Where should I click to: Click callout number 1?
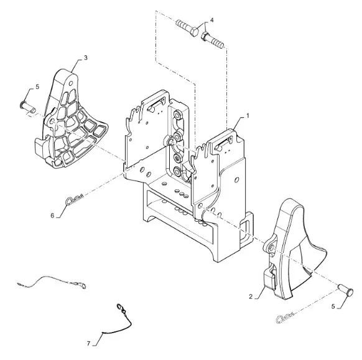pyautogui.click(x=248, y=115)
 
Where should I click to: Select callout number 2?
pyautogui.click(x=251, y=296)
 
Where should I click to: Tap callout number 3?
pyautogui.click(x=86, y=57)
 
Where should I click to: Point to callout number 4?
pyautogui.click(x=212, y=20)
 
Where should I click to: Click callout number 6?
pyautogui.click(x=52, y=216)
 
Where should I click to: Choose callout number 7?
pyautogui.click(x=89, y=344)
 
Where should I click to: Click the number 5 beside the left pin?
pyautogui.click(x=37, y=87)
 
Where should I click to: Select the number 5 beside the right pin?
pyautogui.click(x=333, y=306)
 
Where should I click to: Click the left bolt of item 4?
pyautogui.click(x=187, y=28)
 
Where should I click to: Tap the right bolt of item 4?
pyautogui.click(x=212, y=40)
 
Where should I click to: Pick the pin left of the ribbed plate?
pyautogui.click(x=28, y=107)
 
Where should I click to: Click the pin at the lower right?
pyautogui.click(x=346, y=290)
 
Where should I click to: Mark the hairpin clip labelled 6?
pyautogui.click(x=75, y=199)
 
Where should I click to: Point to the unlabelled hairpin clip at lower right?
pyautogui.click(x=285, y=318)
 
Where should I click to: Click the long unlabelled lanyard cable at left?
pyautogui.click(x=51, y=281)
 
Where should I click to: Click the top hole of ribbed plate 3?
pyautogui.click(x=71, y=83)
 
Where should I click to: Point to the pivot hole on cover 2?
pyautogui.click(x=271, y=248)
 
